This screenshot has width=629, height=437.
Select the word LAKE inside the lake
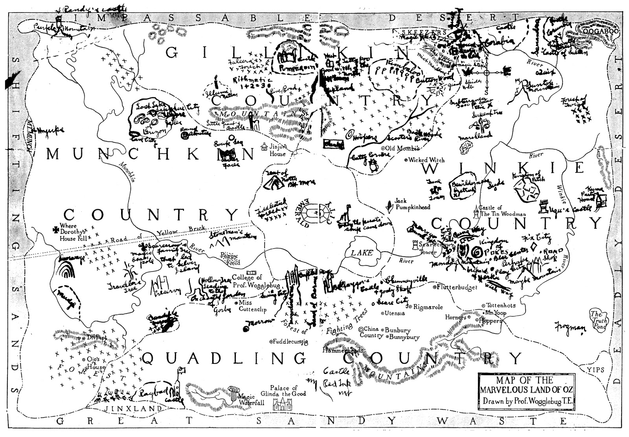pyautogui.click(x=362, y=252)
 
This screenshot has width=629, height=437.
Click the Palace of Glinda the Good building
pyautogui.click(x=282, y=405)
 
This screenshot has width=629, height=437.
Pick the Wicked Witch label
pyautogui.click(x=426, y=160)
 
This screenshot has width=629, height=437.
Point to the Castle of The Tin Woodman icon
pyautogui.click(x=477, y=213)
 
